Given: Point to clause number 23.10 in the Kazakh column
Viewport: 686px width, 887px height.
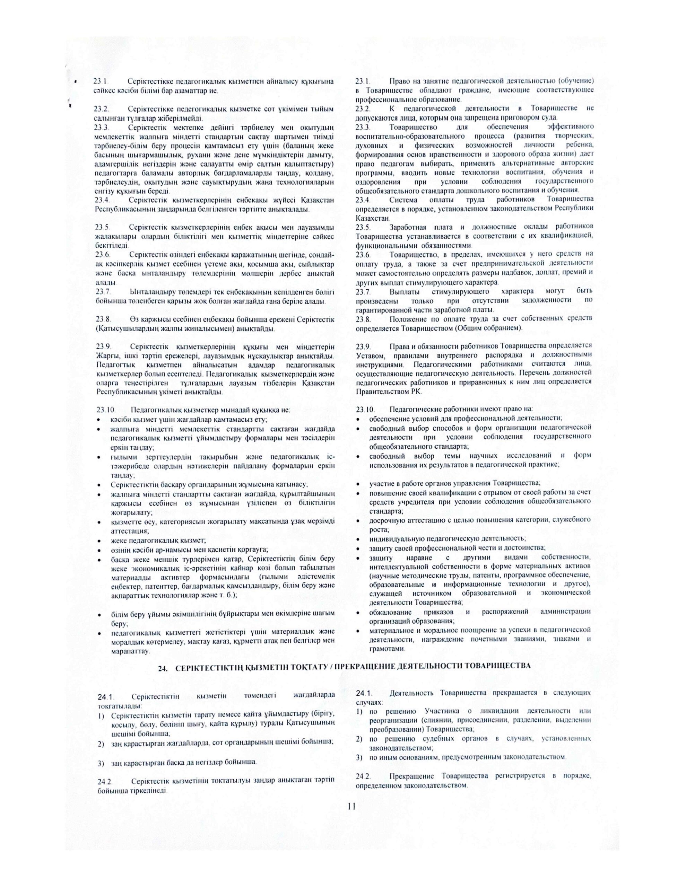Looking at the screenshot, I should pyautogui.click(x=106, y=410).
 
